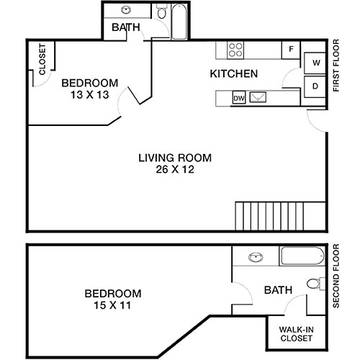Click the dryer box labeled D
315,86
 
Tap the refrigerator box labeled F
291,50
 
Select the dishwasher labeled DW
239,98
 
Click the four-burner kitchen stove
235,49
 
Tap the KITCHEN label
233,74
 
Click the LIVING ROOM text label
176,158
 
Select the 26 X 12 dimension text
176,171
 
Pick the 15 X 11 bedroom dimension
112,305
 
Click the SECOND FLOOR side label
336,277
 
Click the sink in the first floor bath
127,11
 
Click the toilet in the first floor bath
162,13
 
